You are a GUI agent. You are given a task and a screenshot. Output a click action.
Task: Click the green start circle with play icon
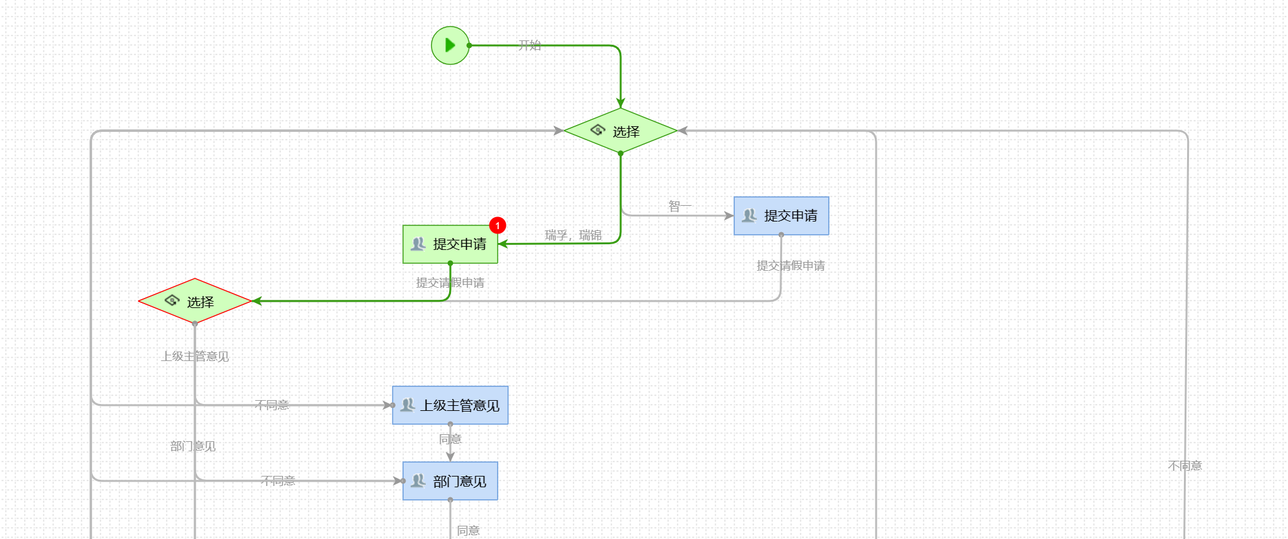(x=450, y=45)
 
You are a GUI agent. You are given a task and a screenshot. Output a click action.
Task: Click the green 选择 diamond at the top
(x=620, y=131)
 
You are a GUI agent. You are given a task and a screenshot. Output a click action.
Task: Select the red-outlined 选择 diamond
(x=195, y=302)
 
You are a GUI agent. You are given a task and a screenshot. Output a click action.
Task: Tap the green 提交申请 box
(x=450, y=244)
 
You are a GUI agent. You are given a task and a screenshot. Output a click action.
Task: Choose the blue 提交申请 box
(x=781, y=216)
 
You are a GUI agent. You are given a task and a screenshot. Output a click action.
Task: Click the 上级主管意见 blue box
(x=450, y=405)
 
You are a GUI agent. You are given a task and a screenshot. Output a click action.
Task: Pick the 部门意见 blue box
(x=450, y=481)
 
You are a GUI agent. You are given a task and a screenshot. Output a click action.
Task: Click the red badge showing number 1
(x=498, y=225)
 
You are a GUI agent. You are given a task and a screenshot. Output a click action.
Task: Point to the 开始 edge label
(x=530, y=45)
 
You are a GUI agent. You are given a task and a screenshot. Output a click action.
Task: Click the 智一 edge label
(x=680, y=206)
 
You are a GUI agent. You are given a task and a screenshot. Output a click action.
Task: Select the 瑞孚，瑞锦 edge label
(x=573, y=235)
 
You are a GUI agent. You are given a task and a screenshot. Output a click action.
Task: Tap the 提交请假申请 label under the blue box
(x=790, y=266)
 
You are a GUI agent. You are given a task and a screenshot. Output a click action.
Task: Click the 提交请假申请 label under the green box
(x=450, y=283)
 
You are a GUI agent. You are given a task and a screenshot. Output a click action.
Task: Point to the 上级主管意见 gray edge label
(x=195, y=357)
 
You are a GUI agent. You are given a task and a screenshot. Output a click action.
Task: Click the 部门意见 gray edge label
(x=193, y=446)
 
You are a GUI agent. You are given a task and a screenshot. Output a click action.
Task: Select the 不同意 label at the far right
(x=1185, y=466)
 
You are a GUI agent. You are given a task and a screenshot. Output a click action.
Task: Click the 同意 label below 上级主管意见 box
(x=450, y=439)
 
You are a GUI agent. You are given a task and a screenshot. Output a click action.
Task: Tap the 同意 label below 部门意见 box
(x=468, y=531)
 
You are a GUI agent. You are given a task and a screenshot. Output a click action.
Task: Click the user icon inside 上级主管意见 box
(x=408, y=405)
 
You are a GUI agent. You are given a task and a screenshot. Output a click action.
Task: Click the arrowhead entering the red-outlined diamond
(x=257, y=301)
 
